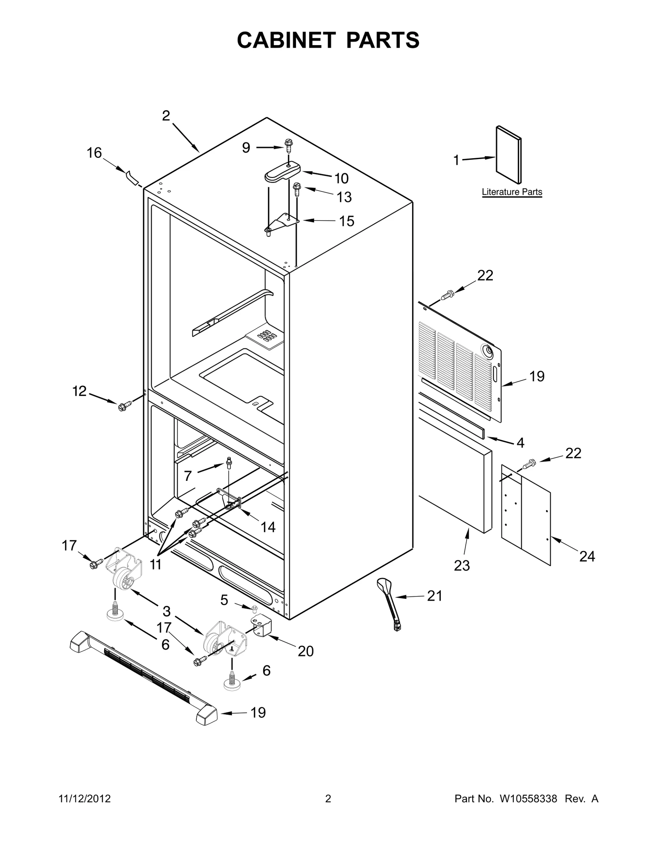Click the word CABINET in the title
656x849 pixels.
click(x=287, y=40)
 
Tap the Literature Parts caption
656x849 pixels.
click(x=512, y=192)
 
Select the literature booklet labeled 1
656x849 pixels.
click(x=509, y=155)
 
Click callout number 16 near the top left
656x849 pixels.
click(x=94, y=153)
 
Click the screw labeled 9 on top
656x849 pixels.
click(x=289, y=146)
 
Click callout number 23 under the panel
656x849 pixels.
click(x=462, y=565)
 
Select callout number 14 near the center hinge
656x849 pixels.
click(x=268, y=527)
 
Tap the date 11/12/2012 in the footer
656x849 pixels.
click(x=85, y=799)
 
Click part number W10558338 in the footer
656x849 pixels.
click(x=528, y=799)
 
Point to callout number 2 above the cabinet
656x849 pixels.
click(x=166, y=116)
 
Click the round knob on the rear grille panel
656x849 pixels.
click(x=488, y=351)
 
